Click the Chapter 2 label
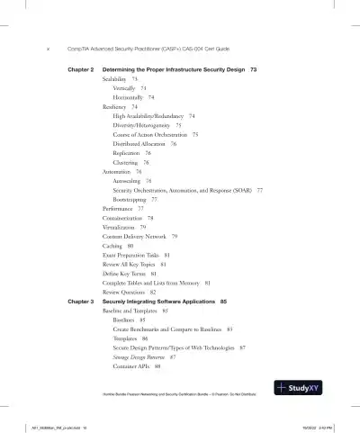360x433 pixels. (82, 69)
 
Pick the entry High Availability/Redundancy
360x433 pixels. (149, 116)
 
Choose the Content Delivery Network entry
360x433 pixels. (139, 236)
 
